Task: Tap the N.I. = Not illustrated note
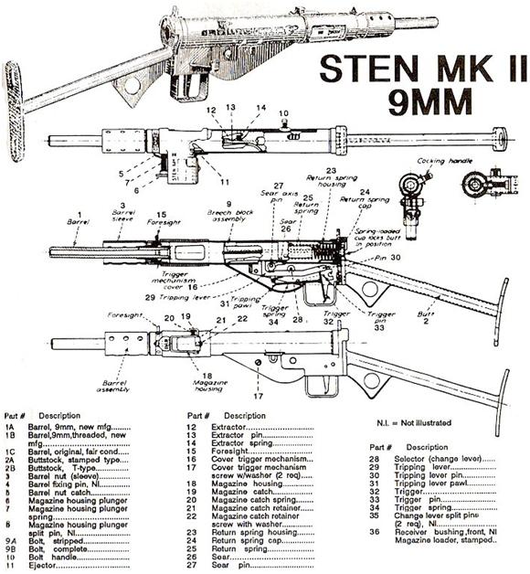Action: point(419,423)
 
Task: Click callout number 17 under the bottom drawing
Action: point(259,395)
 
